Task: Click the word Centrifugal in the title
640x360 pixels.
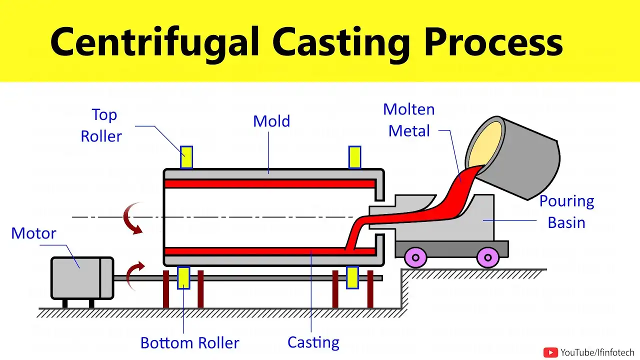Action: point(155,42)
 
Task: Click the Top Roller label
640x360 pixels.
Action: point(103,125)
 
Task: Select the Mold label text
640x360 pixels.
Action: point(271,121)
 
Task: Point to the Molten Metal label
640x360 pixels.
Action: point(409,120)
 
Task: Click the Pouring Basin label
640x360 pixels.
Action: point(566,212)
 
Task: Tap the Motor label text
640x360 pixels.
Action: point(33,233)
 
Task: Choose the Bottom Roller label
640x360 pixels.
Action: point(189,343)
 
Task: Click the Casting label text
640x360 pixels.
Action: point(313,342)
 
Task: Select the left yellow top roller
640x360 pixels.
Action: point(186,157)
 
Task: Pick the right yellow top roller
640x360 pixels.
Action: point(355,157)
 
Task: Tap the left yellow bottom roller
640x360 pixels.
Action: point(183,278)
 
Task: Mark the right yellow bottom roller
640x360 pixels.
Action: point(352,278)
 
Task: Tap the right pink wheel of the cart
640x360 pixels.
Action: point(487,258)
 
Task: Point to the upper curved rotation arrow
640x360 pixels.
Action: point(132,218)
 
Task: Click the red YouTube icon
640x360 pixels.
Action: point(550,352)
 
